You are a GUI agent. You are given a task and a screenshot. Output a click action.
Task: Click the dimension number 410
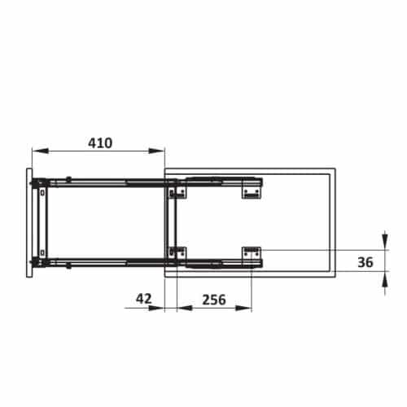[x=99, y=142]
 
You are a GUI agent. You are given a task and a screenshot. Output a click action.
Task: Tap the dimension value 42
[x=144, y=299]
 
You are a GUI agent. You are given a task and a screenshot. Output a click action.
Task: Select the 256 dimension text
[x=212, y=299]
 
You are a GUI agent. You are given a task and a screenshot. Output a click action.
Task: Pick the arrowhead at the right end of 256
[x=247, y=309]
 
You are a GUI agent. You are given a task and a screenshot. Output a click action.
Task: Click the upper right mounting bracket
[x=252, y=190]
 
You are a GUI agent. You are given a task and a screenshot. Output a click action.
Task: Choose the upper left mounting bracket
[x=178, y=190]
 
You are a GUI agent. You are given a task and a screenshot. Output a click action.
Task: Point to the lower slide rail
[x=106, y=262]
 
